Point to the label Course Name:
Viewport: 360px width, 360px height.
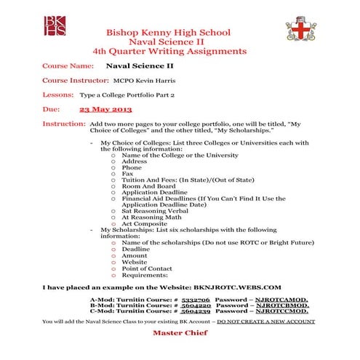point(69,65)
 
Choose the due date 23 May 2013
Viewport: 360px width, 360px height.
point(105,108)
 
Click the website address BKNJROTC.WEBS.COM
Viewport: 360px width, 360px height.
point(236,287)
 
